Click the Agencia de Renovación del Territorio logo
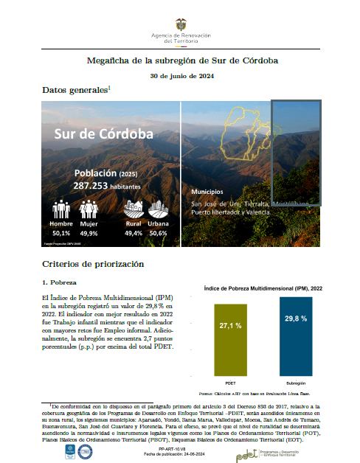pyautogui.click(x=181, y=32)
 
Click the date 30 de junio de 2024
pyautogui.click(x=181, y=75)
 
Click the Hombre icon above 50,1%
pyautogui.click(x=60, y=209)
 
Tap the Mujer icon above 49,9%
pyautogui.click(x=88, y=209)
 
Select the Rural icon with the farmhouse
pyautogui.click(x=134, y=208)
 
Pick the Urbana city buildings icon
pyautogui.click(x=158, y=208)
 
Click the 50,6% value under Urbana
pyautogui.click(x=158, y=232)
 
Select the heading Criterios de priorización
pyautogui.click(x=92, y=263)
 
